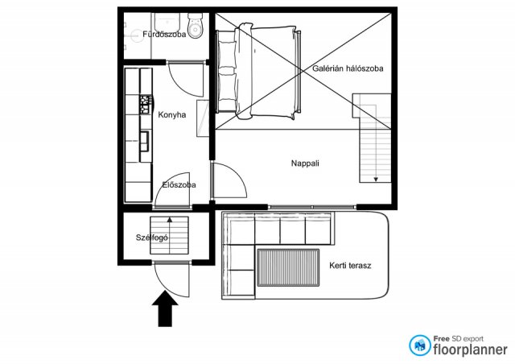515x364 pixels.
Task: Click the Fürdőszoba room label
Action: (x=164, y=34)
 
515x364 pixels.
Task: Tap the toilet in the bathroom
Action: (x=196, y=26)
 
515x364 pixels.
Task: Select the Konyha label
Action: (x=171, y=115)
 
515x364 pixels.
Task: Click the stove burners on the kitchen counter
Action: (x=146, y=105)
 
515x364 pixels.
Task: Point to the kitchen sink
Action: (x=145, y=142)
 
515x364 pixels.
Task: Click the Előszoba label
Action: (x=179, y=184)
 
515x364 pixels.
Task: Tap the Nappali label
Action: (x=305, y=163)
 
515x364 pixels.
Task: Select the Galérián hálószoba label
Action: (x=348, y=68)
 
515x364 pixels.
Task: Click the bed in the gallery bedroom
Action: (x=258, y=71)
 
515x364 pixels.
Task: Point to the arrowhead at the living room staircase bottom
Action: (x=376, y=180)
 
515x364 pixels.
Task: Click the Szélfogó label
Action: (x=152, y=238)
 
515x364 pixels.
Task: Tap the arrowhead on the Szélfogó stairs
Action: (x=170, y=219)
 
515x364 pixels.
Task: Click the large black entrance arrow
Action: (x=165, y=308)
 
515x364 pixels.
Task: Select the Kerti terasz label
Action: (x=350, y=266)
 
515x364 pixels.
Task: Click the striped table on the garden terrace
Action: (x=288, y=267)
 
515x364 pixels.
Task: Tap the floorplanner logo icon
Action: (x=419, y=345)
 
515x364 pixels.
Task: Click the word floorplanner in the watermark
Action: (x=470, y=350)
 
